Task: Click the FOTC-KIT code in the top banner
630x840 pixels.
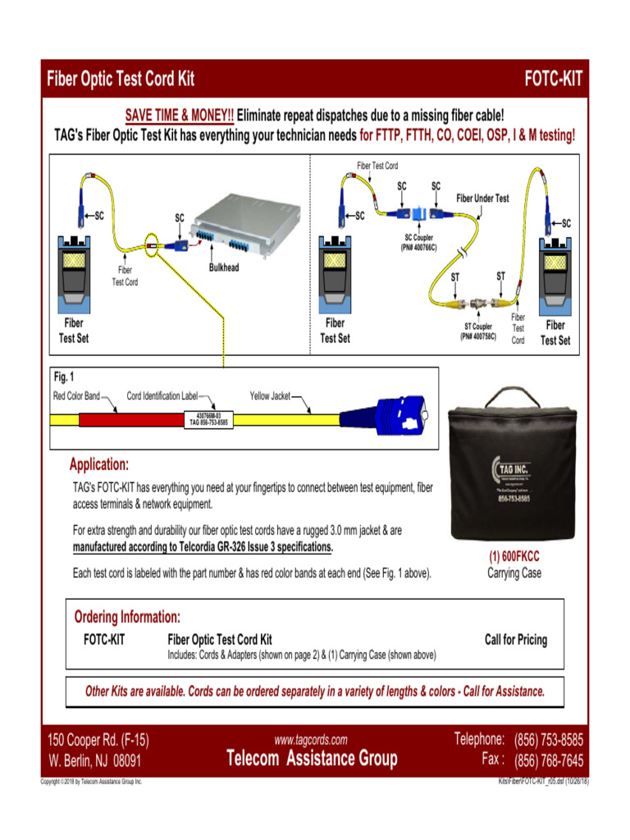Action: [x=554, y=80]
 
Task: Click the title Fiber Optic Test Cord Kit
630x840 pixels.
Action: [x=121, y=80]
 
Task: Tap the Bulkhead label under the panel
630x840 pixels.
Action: [x=224, y=267]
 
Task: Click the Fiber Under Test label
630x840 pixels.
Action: [x=482, y=199]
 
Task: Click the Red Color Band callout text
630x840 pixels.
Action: [x=76, y=396]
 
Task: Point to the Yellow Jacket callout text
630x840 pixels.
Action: [x=270, y=396]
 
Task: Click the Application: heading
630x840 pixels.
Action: [x=98, y=465]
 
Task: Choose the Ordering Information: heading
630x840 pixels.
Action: [x=127, y=617]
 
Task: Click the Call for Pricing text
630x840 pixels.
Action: [x=516, y=640]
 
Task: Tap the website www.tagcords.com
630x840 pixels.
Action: [x=311, y=739]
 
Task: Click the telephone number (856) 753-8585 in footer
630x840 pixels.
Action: [x=548, y=739]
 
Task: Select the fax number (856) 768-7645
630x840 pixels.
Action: [x=548, y=760]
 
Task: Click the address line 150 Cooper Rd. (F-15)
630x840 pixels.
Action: [x=98, y=740]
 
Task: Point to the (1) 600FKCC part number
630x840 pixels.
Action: [x=514, y=556]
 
